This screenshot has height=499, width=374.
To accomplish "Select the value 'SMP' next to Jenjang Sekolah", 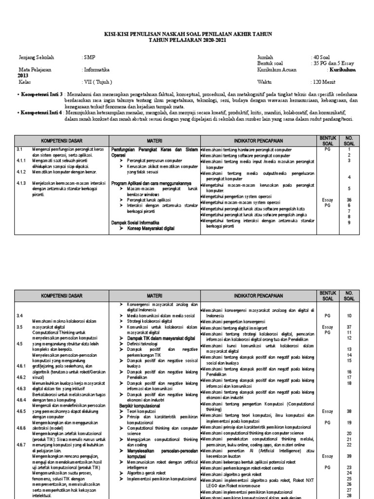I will point(89,58).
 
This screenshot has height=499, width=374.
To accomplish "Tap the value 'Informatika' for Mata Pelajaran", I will point(97,70).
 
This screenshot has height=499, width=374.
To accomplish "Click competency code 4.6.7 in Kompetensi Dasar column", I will point(20,444).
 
